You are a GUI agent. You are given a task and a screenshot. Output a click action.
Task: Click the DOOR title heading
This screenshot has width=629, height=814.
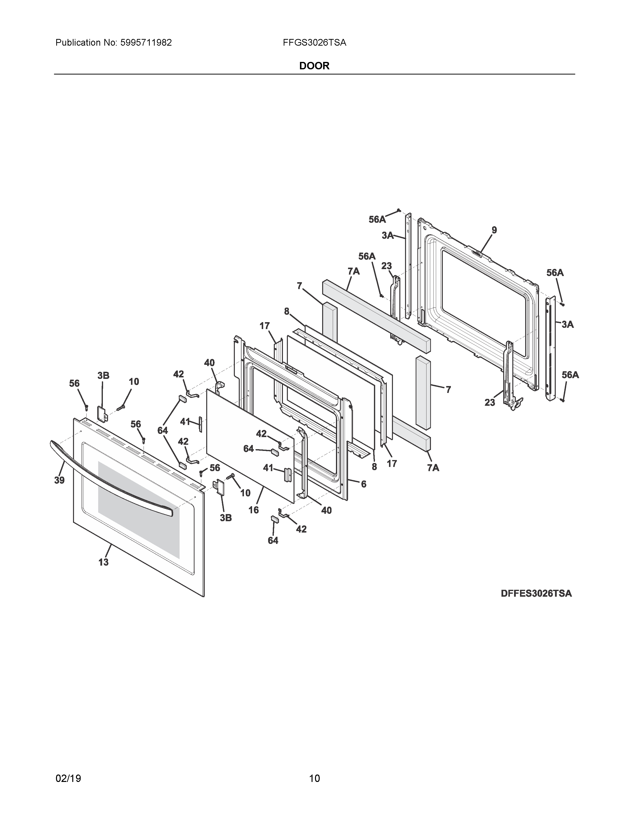[x=314, y=66]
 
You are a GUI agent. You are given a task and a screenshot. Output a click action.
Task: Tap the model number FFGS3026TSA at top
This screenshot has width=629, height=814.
[x=314, y=43]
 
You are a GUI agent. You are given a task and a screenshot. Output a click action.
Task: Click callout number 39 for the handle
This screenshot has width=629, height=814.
[x=59, y=481]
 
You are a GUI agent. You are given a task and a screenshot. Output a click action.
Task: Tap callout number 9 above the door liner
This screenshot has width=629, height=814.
[x=494, y=230]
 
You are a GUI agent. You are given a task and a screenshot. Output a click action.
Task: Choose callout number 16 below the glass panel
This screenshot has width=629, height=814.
[x=253, y=510]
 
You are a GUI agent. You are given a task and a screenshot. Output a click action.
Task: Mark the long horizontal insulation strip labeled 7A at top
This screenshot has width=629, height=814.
[x=376, y=317]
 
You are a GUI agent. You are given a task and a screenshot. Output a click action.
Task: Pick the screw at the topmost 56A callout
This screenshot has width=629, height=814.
[x=399, y=210]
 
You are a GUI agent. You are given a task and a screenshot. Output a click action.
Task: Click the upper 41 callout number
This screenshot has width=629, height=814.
[x=185, y=422]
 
